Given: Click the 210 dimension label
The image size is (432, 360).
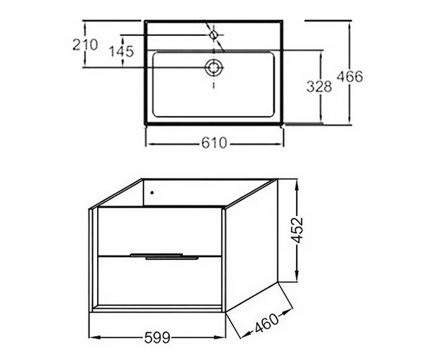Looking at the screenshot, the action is tap(85, 45).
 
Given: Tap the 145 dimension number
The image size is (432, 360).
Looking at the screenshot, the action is tap(122, 51).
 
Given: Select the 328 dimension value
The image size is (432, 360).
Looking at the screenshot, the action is tap(319, 86).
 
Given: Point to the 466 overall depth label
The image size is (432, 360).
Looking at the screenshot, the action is tap(350, 76).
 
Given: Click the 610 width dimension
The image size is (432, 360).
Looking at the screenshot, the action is tap(214, 143).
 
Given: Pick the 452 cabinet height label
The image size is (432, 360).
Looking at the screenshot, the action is tap(297, 230).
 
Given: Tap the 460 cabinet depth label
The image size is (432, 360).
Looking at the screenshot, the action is tap(266, 323).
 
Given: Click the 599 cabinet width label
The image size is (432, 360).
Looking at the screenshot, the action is tap(158, 338).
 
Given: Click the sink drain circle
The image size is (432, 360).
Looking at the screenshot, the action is tap(214, 67).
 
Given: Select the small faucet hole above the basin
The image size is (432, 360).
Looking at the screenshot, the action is tap(214, 35).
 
